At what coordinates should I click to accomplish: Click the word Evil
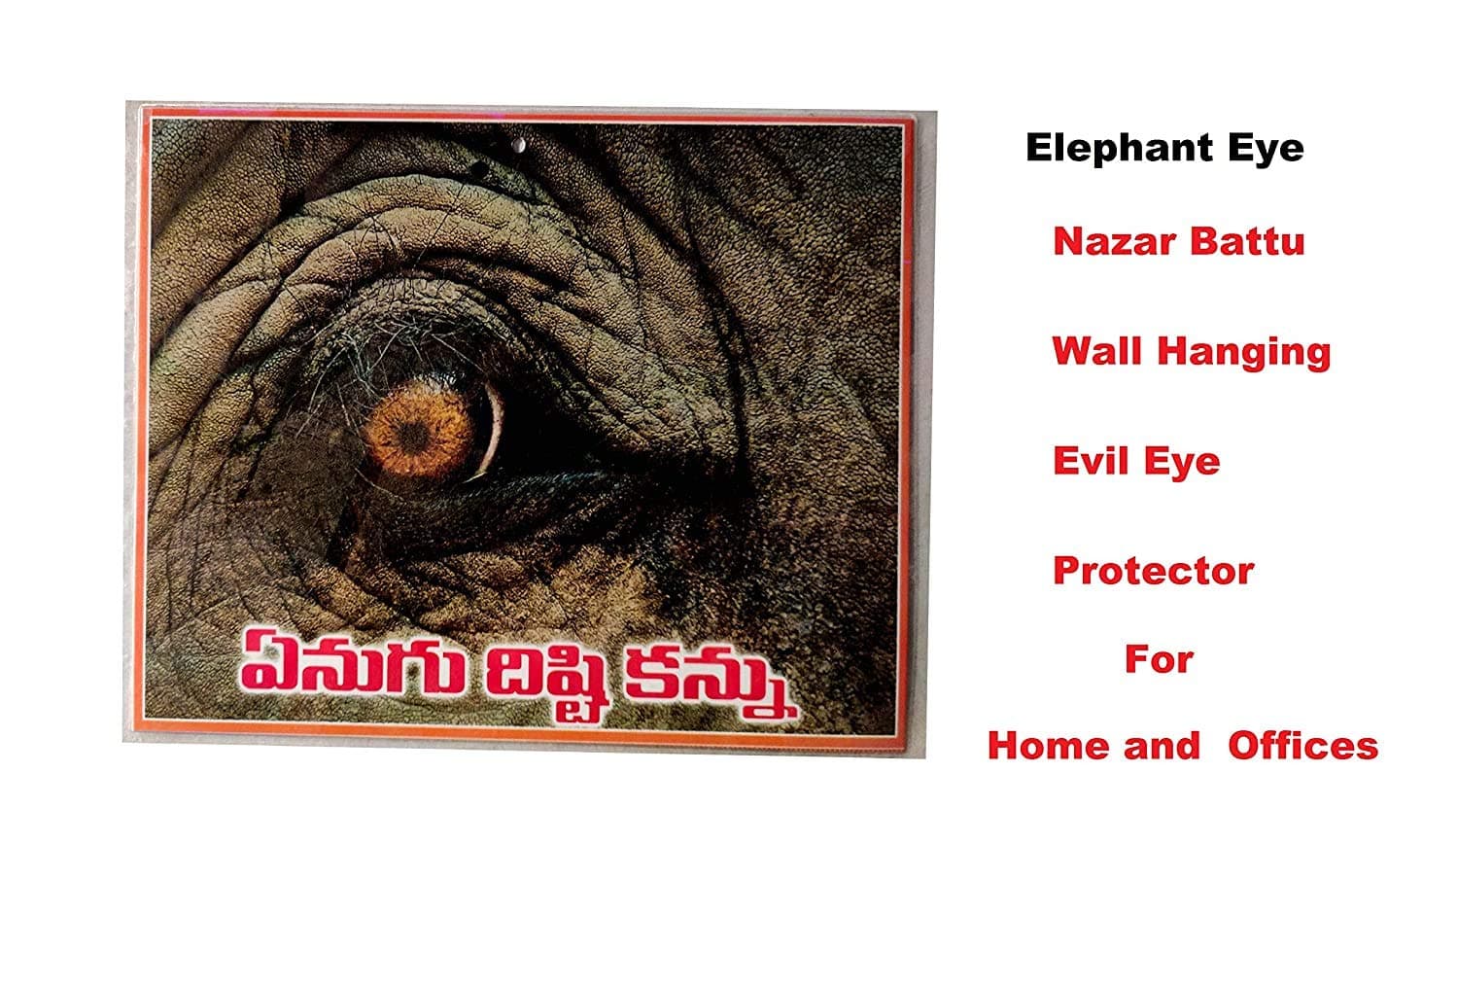tap(1091, 461)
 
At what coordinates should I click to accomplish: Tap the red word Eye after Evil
tap(1182, 463)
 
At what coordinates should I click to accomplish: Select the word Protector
tap(1154, 571)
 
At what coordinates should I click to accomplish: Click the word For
tap(1160, 659)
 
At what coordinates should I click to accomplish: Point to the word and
tap(1162, 747)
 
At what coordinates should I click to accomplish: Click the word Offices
tap(1303, 746)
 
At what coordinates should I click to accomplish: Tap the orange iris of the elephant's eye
tap(417, 431)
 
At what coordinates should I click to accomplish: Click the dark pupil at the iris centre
tap(413, 432)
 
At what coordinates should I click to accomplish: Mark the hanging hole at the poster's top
tap(519, 145)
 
